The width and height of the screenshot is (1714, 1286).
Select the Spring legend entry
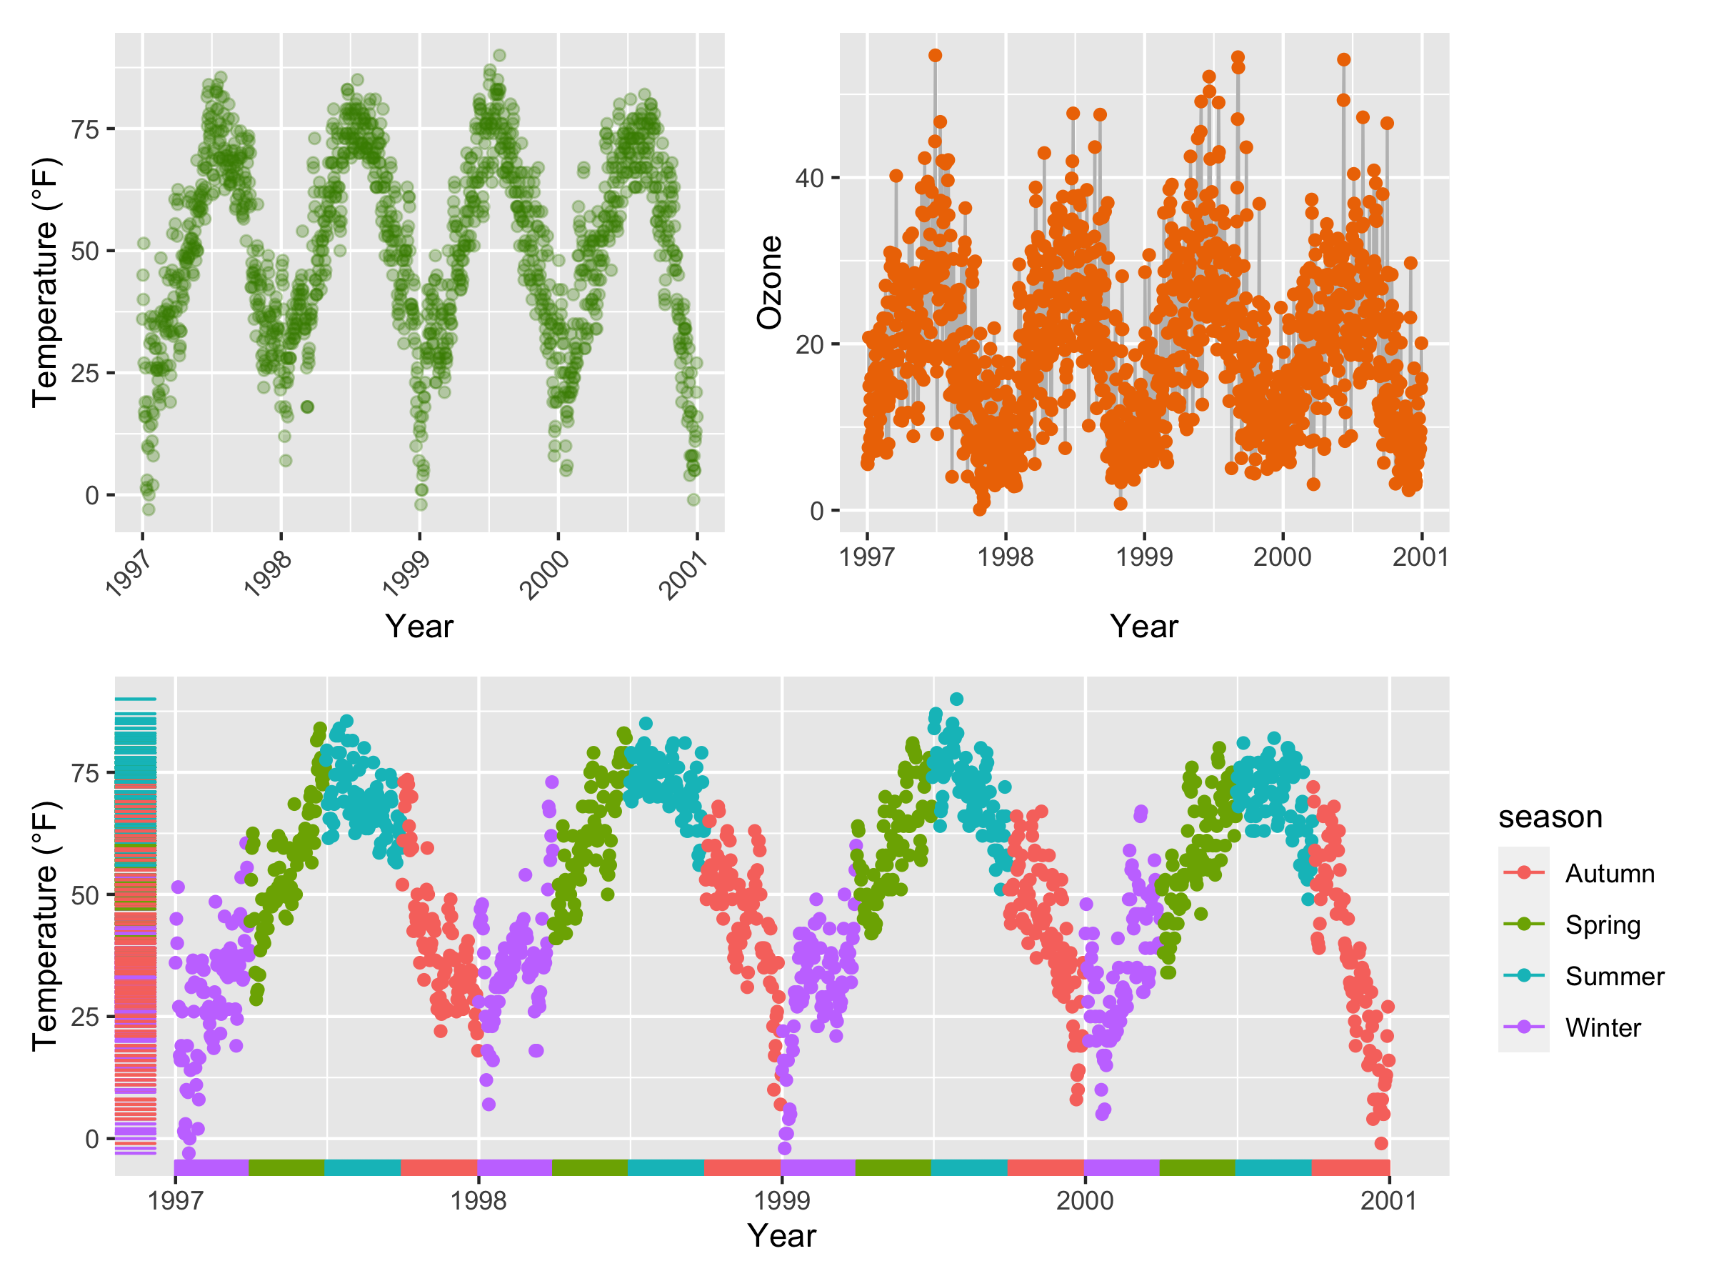coord(1602,924)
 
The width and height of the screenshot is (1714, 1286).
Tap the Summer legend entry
coord(1614,976)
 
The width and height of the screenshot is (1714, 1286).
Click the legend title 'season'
coord(1550,817)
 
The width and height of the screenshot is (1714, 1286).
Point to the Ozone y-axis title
coord(769,282)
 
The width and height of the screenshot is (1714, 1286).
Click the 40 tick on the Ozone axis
coord(809,179)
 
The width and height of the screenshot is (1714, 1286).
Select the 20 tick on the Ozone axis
coord(809,345)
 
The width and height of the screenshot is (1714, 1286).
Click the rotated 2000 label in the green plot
coord(546,574)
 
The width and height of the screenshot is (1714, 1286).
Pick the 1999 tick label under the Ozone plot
coord(1143,557)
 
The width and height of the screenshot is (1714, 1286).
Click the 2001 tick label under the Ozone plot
coord(1420,557)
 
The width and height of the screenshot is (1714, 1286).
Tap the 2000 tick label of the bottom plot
coord(1085,1201)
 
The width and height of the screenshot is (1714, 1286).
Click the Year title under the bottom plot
coord(781,1235)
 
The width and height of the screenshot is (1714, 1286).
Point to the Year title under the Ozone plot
coord(1143,627)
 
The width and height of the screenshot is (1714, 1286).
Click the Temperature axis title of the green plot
coord(45,282)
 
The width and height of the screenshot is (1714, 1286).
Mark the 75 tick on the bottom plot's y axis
coord(84,774)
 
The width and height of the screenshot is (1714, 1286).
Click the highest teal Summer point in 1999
coord(957,699)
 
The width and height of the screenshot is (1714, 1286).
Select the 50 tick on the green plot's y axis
coord(84,251)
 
